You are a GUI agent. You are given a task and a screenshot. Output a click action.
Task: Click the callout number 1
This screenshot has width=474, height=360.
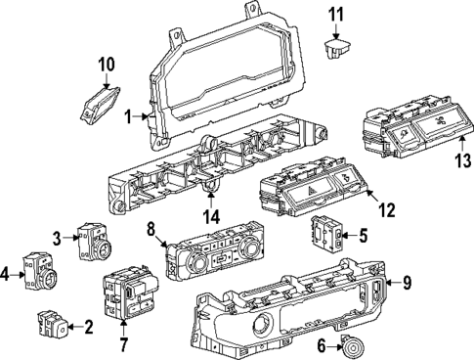click(129, 116)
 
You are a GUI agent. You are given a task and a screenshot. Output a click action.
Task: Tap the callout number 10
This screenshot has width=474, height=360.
click(106, 66)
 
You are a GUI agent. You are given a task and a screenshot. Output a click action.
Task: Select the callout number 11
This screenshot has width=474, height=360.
click(336, 14)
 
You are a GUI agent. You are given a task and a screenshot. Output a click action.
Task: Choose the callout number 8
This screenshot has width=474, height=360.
click(151, 230)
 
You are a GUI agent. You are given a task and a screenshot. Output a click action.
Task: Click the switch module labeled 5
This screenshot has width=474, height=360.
click(327, 234)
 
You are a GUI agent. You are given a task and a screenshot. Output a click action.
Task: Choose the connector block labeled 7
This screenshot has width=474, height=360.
click(125, 292)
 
